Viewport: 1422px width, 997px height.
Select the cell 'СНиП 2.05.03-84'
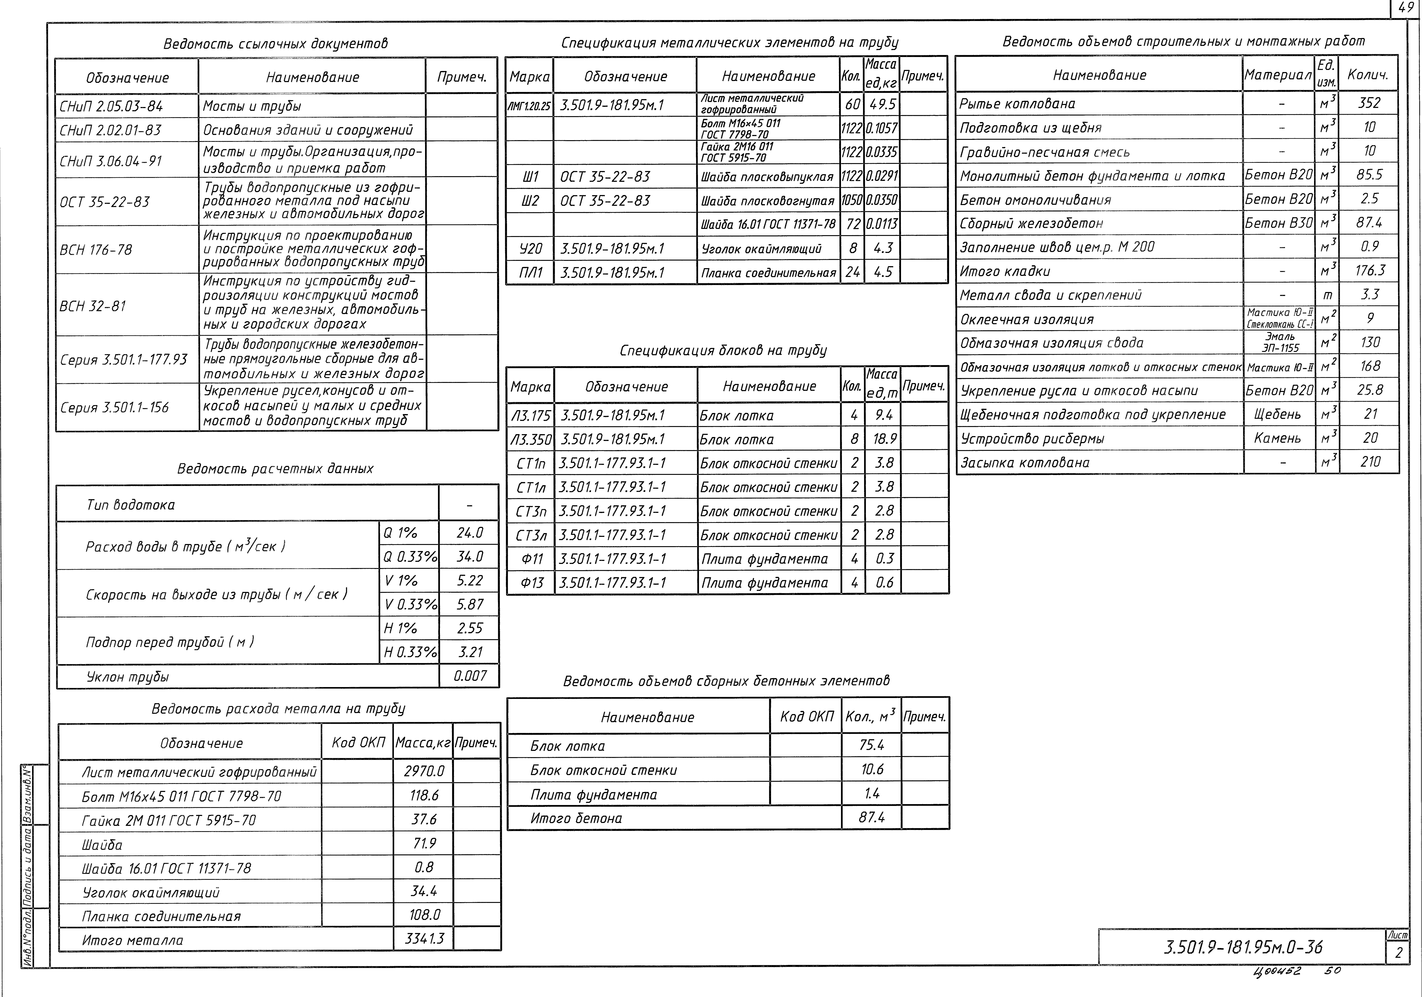coord(111,106)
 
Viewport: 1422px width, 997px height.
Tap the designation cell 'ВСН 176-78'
coord(96,250)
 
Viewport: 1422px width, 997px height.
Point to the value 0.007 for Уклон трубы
coord(469,676)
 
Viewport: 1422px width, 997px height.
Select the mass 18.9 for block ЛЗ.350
coord(884,439)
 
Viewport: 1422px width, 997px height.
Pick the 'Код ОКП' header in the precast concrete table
coord(806,717)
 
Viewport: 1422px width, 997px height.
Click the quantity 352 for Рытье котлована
coord(1369,103)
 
